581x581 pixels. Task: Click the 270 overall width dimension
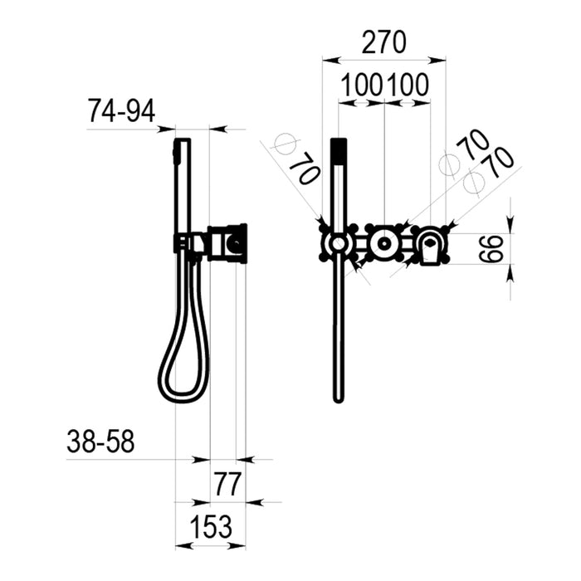click(x=383, y=42)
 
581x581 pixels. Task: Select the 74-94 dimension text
click(x=121, y=111)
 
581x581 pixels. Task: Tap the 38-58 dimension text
click(x=100, y=442)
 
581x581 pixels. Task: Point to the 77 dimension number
click(x=228, y=484)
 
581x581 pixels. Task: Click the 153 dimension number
click(x=211, y=526)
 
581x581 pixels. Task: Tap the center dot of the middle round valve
click(x=384, y=243)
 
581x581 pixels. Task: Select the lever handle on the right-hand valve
click(x=430, y=246)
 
